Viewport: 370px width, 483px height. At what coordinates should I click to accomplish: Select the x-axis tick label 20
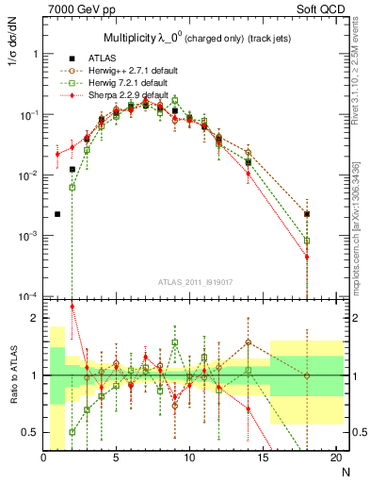[x=335, y=456]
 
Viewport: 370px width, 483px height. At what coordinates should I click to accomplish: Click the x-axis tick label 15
[x=263, y=456]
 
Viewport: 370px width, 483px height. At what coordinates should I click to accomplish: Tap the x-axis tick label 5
[x=117, y=456]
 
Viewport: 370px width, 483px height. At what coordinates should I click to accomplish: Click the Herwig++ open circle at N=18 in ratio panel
[x=307, y=375]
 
